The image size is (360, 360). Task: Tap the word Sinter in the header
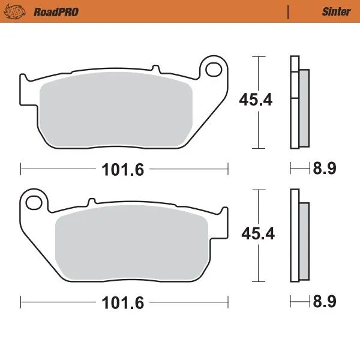point(336,11)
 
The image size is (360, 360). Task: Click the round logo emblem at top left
point(20,11)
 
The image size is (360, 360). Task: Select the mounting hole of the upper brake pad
point(213,69)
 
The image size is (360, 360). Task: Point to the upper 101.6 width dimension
point(124,170)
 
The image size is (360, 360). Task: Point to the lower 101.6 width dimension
point(124,303)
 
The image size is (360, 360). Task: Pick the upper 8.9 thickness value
point(323,169)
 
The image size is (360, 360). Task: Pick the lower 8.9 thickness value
point(323,303)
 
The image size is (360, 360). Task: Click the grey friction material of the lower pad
point(132,246)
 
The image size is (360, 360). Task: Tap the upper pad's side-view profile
point(295,102)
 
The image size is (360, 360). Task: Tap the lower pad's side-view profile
point(295,235)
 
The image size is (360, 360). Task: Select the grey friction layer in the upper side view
point(304,108)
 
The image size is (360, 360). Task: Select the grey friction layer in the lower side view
point(304,241)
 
